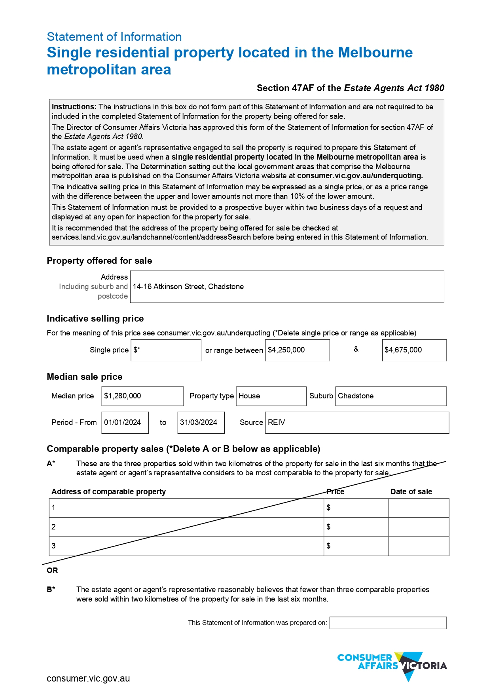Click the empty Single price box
166,350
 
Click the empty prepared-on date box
388,623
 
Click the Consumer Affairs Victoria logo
392,666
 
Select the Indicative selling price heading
95,319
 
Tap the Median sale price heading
85,377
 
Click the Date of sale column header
411,492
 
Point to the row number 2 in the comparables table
53,527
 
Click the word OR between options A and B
52,571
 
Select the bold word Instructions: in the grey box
74,107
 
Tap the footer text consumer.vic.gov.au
88,679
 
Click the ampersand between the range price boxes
356,349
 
